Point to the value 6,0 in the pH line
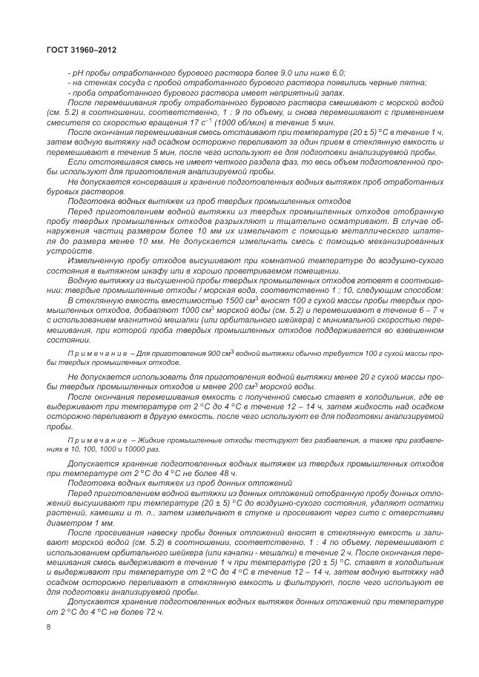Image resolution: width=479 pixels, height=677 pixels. pyautogui.click(x=336, y=74)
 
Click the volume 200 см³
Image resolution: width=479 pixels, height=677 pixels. pyautogui.click(x=246, y=386)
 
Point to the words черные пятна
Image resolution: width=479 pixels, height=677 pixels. pyautogui.click(x=414, y=83)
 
